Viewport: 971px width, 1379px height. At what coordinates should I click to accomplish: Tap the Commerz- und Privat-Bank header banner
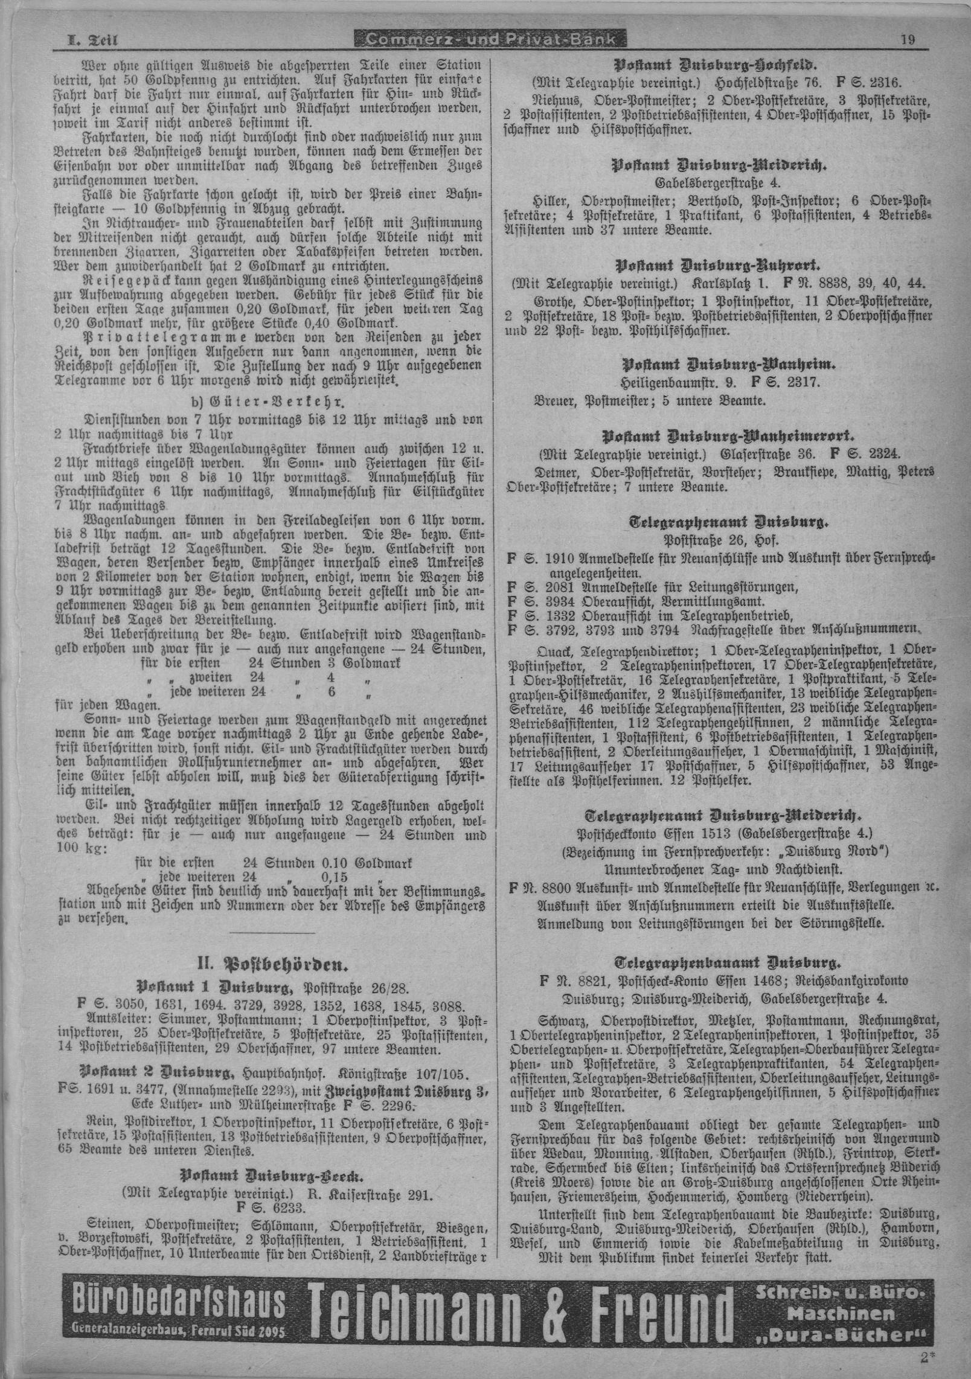487,40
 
